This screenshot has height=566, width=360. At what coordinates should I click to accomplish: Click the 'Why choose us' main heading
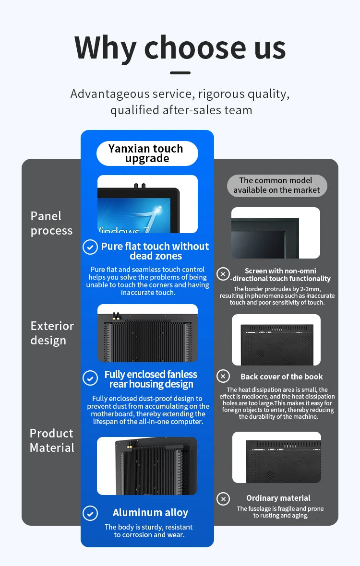pyautogui.click(x=180, y=48)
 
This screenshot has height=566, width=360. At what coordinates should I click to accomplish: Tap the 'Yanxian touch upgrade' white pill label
pyautogui.click(x=147, y=153)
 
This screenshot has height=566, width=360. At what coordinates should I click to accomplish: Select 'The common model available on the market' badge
pyautogui.click(x=276, y=186)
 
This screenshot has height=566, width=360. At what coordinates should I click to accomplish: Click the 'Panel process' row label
pyautogui.click(x=51, y=224)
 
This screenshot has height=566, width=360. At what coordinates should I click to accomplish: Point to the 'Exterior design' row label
pyautogui.click(x=52, y=333)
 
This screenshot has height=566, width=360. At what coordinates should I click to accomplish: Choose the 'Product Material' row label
pyautogui.click(x=52, y=440)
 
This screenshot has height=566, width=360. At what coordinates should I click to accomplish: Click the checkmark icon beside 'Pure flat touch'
pyautogui.click(x=90, y=247)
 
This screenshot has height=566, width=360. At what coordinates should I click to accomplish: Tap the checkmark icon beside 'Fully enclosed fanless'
pyautogui.click(x=90, y=378)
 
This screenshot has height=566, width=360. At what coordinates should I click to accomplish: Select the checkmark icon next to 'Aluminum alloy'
pyautogui.click(x=90, y=513)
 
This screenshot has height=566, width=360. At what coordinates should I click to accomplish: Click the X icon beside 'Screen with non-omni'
pyautogui.click(x=223, y=274)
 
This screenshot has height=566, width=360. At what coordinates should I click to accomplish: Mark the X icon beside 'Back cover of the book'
pyautogui.click(x=223, y=376)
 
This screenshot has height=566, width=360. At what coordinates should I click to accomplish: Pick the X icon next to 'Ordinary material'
pyautogui.click(x=223, y=499)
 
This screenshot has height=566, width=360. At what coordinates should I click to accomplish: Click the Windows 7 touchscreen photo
pyautogui.click(x=147, y=204)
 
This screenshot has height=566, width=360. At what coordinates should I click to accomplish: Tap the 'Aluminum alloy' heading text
pyautogui.click(x=150, y=513)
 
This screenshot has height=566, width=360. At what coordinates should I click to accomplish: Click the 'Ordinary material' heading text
pyautogui.click(x=278, y=498)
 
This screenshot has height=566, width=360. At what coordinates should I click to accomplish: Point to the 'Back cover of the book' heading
pyautogui.click(x=281, y=377)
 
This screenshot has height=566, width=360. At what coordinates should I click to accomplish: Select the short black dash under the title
pyautogui.click(x=180, y=73)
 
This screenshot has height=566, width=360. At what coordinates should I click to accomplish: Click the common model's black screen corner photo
pyautogui.click(x=276, y=233)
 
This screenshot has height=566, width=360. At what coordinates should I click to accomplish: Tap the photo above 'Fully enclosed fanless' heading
pyautogui.click(x=147, y=333)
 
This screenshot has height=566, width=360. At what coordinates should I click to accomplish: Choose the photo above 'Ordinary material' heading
pyautogui.click(x=276, y=457)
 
